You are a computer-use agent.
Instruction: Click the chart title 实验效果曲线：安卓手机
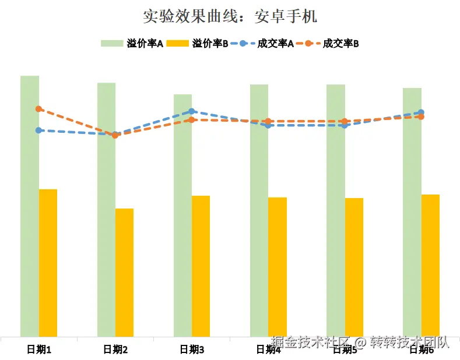pos(230,16)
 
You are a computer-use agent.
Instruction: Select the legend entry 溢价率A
pos(132,43)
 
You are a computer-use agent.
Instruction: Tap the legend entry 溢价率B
pos(197,43)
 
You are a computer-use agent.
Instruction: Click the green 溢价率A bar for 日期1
pos(30,204)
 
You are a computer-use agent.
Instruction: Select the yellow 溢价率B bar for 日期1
pos(48,262)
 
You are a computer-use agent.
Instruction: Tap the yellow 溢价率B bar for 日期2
pos(124,272)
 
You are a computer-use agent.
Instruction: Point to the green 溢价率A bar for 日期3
pos(182,216)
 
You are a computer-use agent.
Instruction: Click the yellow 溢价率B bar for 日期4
pos(277,266)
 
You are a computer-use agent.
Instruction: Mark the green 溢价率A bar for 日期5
pos(335,210)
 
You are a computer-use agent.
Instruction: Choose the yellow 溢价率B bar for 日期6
pos(430,265)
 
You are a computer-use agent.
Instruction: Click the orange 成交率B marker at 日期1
pos(38,109)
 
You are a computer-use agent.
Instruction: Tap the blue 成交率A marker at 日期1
pos(38,130)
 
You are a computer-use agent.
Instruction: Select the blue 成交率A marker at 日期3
pos(192,111)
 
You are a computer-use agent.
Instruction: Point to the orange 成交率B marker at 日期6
pos(421,117)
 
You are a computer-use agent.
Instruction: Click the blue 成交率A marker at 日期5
pos(345,125)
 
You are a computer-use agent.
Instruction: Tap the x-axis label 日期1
pos(39,350)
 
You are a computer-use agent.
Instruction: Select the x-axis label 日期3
pos(192,350)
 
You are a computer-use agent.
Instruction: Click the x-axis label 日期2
pos(115,350)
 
